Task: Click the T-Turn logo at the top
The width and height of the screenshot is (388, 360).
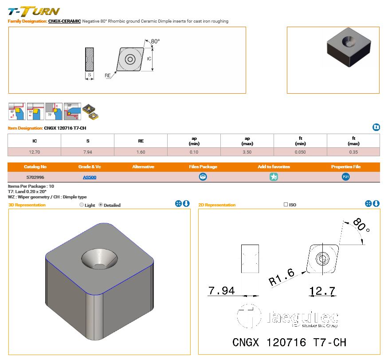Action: click(x=34, y=11)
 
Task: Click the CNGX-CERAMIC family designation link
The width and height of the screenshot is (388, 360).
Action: click(x=64, y=21)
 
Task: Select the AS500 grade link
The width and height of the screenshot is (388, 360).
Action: click(x=90, y=177)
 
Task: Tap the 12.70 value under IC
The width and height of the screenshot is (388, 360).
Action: click(x=34, y=152)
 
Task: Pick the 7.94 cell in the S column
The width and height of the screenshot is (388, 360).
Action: click(x=87, y=152)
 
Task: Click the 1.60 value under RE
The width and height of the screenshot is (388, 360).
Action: click(x=141, y=152)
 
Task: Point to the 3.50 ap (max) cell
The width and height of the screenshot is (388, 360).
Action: click(x=247, y=152)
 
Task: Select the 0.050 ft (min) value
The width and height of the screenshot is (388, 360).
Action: click(x=300, y=152)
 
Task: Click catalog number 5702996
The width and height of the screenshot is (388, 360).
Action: click(x=34, y=177)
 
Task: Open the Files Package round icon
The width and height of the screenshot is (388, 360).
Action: click(x=203, y=177)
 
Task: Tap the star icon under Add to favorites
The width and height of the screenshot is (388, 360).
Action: click(x=274, y=177)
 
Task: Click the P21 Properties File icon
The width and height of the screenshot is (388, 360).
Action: click(x=346, y=177)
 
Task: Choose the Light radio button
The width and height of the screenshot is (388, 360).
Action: click(x=81, y=205)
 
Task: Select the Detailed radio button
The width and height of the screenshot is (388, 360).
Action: click(x=101, y=205)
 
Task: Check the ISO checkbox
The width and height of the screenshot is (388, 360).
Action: click(x=286, y=205)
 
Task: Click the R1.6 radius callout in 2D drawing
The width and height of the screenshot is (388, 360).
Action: click(x=282, y=277)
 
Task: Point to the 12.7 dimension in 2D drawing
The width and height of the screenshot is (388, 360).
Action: click(x=322, y=291)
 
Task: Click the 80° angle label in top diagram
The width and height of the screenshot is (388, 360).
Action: click(x=155, y=41)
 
